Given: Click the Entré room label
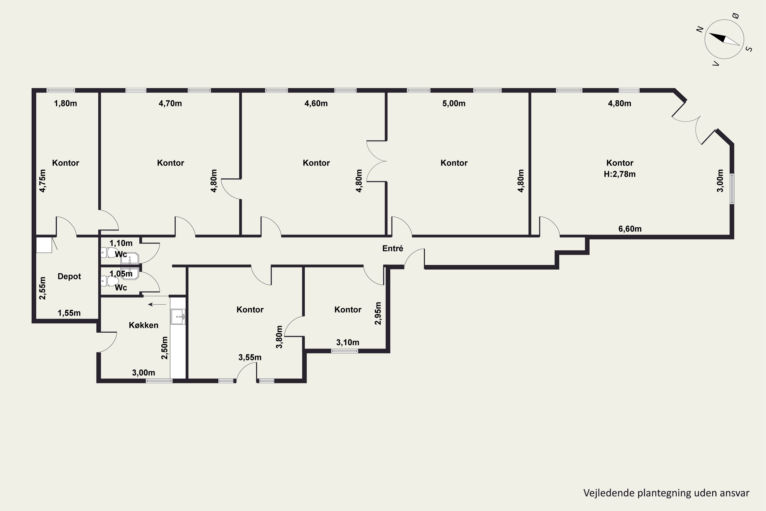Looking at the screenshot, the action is point(392,248).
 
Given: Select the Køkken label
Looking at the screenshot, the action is point(143,325).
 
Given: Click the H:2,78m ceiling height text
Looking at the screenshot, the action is point(619,174).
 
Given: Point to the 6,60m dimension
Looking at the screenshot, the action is point(630,229).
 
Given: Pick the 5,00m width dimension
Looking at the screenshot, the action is point(454,104).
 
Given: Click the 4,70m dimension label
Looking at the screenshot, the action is point(170,104).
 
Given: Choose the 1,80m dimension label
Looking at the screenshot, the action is point(65,104).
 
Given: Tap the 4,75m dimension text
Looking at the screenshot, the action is point(43,181).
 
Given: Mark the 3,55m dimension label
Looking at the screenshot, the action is point(250,357).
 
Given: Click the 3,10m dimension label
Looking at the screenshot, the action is point(348,343).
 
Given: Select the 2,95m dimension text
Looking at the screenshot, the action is point(378,313).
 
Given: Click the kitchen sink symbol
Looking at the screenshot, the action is point(178,317).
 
